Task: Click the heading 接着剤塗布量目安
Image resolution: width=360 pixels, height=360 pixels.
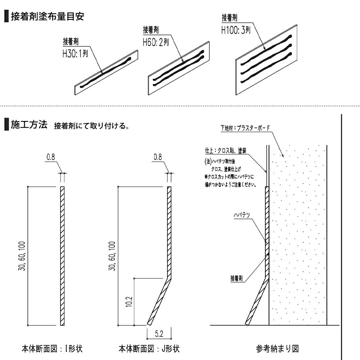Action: (x=48, y=16)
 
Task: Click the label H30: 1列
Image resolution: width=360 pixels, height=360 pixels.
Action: (x=75, y=54)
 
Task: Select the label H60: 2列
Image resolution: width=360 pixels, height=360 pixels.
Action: (x=156, y=42)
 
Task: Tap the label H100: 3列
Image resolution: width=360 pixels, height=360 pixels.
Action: (x=236, y=30)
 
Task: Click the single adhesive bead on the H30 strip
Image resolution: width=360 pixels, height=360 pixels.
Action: (x=105, y=72)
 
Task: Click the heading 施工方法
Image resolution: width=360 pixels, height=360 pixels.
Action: (x=29, y=125)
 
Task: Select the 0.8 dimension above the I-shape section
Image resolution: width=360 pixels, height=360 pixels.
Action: (x=51, y=157)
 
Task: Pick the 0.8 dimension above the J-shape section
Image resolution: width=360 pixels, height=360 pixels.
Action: (x=158, y=157)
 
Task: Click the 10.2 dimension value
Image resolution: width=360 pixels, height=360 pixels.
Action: (x=129, y=301)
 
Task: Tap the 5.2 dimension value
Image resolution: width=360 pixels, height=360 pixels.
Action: (x=159, y=334)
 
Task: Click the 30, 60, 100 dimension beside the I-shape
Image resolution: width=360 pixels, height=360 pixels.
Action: (x=22, y=256)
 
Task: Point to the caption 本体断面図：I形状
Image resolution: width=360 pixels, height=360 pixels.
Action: (x=52, y=349)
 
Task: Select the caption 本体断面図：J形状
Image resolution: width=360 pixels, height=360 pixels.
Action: (x=149, y=349)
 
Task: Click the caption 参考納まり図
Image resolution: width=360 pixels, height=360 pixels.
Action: (x=277, y=349)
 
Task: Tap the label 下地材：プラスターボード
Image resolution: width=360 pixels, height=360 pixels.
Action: (x=245, y=128)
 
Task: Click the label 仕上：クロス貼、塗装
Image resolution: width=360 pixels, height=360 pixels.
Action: (x=226, y=150)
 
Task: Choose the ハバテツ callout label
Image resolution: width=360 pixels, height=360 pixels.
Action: (x=242, y=215)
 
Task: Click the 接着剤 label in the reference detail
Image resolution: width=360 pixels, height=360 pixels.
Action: (x=237, y=278)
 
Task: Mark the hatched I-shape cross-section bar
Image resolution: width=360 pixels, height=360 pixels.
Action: (x=62, y=256)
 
